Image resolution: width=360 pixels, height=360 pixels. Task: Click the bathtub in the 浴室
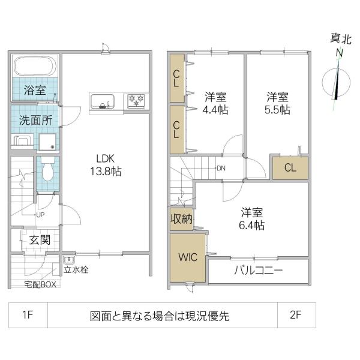point(35,66)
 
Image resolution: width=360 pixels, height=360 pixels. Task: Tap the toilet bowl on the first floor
point(48,169)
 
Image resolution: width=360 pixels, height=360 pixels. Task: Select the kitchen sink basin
point(102,102)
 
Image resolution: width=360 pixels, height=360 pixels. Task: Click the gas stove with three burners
point(136,101)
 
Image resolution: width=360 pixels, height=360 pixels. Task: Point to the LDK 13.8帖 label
point(106,165)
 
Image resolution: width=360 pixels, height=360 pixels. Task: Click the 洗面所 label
point(35,120)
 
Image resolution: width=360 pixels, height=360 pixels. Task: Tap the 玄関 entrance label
point(40,240)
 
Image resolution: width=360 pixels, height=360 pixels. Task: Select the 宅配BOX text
point(40,284)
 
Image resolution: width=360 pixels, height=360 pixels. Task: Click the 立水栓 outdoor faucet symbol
point(69,260)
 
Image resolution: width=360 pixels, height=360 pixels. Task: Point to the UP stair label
point(40,215)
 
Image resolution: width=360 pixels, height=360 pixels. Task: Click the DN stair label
point(221,168)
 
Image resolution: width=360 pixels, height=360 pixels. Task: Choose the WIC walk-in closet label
point(188,257)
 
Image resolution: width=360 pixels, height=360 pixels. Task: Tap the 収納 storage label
point(181,219)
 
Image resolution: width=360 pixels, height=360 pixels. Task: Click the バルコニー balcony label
point(258,271)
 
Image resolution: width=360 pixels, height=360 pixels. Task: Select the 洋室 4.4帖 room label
point(215,103)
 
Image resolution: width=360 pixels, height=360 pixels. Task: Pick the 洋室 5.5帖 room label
point(277,103)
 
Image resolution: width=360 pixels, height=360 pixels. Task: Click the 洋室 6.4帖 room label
point(252,219)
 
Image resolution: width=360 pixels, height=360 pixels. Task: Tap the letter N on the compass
point(339,53)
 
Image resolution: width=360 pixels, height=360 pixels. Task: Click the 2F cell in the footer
point(295,315)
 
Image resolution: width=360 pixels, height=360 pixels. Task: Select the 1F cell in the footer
point(28,315)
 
